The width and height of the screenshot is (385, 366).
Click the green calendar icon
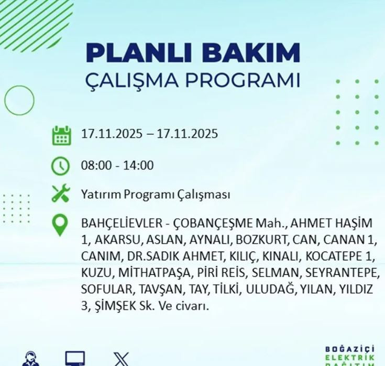[x=61, y=135]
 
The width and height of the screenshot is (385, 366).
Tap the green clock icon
[x=61, y=166]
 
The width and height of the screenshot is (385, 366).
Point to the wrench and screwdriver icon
[x=61, y=194]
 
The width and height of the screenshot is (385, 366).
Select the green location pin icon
[x=61, y=225]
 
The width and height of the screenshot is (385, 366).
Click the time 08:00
[x=95, y=166]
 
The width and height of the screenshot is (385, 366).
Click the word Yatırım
[x=101, y=195]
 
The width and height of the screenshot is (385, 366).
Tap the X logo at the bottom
[x=122, y=359]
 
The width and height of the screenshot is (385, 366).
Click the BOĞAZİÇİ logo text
[x=350, y=350]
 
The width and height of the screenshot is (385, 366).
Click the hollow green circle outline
[x=19, y=100]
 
